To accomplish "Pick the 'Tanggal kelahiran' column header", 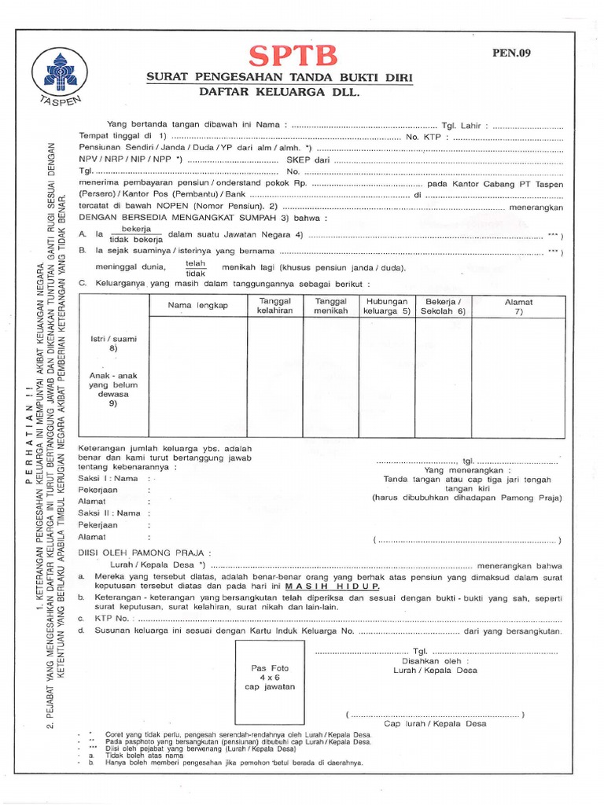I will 274,306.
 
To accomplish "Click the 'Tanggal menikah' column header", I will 330,306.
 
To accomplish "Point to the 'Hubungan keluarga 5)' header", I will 386,306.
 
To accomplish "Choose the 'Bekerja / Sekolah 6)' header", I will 444,306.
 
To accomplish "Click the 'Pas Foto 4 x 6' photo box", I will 270,677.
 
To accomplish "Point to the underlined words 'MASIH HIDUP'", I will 333,586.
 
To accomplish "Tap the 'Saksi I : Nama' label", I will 109,478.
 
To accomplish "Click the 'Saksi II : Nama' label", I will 110,513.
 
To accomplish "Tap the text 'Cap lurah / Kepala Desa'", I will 435,723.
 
